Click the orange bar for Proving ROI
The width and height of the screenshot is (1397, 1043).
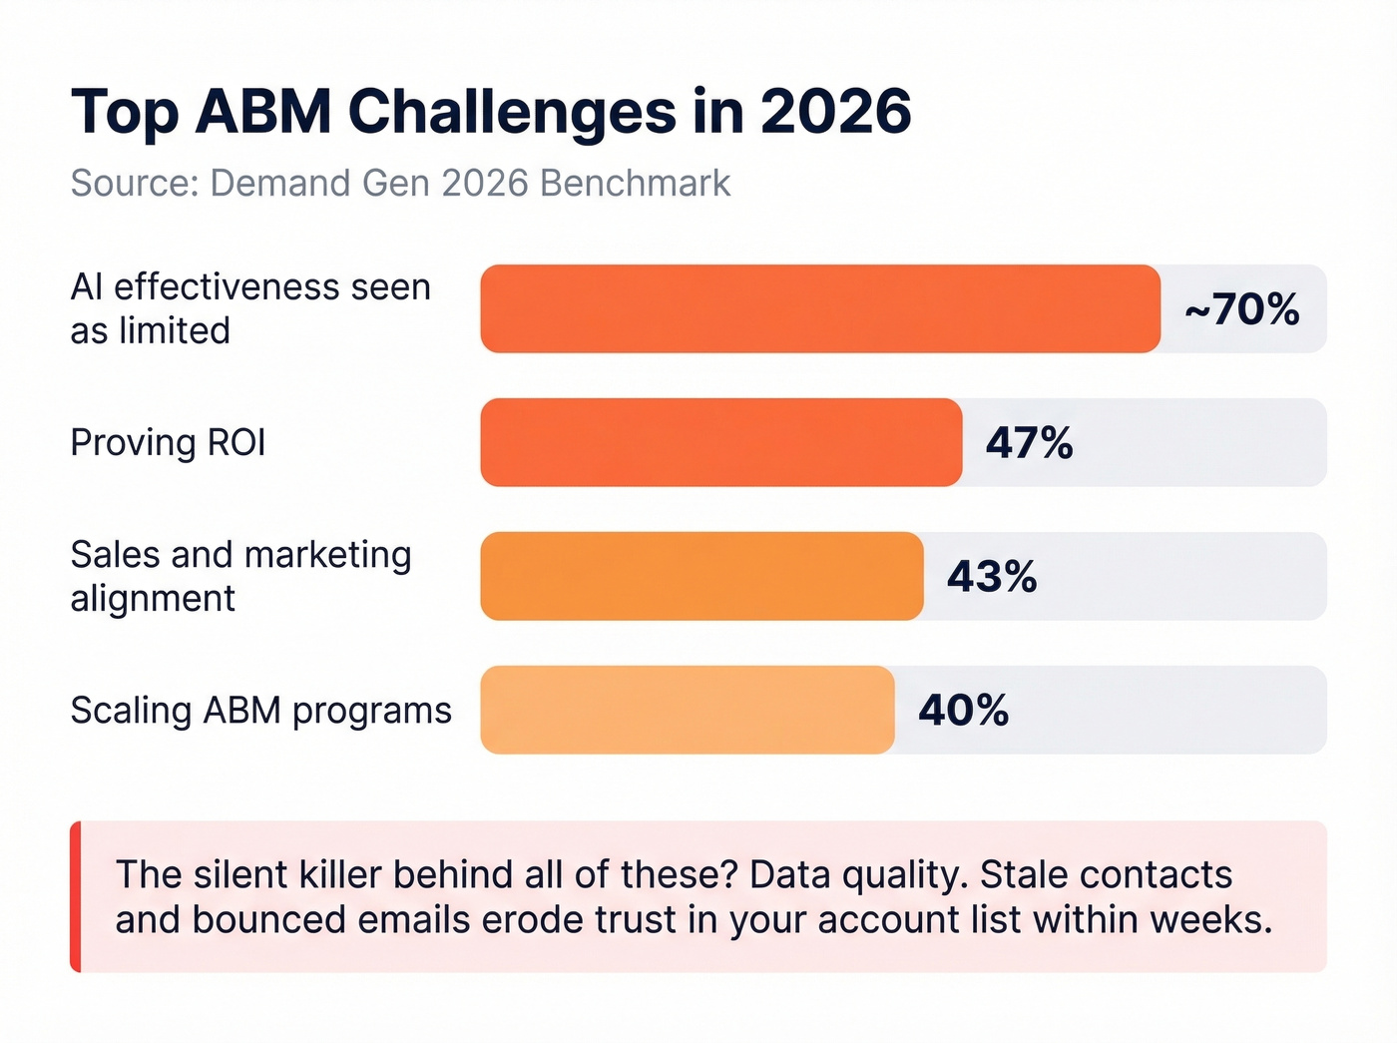720,442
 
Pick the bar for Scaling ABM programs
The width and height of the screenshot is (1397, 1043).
687,710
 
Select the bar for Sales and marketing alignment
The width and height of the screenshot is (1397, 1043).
701,576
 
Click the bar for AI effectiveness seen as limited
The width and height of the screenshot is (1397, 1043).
819,308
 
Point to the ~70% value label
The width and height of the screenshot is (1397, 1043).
1242,309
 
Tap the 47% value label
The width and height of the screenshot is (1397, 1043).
1029,443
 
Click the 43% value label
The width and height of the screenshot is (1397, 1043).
992,577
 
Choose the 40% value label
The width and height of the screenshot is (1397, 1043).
963,711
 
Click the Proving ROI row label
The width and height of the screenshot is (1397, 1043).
168,442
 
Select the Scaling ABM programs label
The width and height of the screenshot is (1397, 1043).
260,710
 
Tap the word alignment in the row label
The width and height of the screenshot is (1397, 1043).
153,599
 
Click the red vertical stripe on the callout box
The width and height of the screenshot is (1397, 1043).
75,896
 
